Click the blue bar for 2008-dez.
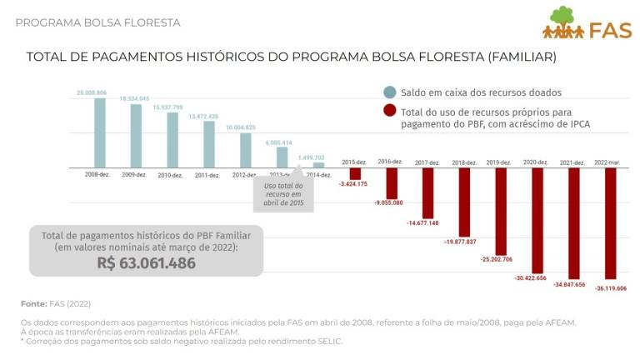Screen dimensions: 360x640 100,133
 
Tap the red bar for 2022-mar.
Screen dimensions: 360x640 611,223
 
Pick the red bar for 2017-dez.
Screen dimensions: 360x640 427,192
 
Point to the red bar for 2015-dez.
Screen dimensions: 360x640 355,173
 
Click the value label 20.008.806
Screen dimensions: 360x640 91,92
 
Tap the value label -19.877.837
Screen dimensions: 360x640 460,242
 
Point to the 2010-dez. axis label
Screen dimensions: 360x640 170,175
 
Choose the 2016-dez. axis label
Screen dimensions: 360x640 390,162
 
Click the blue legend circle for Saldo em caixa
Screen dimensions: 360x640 389,92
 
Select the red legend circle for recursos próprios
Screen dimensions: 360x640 389,111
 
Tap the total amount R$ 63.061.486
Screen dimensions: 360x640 146,263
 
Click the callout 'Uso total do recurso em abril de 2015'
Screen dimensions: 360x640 283,195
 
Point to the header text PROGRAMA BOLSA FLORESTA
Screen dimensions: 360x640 97,22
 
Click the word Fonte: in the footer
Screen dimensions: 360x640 33,303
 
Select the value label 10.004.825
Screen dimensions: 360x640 240,127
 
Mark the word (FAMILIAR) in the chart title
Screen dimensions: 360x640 514,57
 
